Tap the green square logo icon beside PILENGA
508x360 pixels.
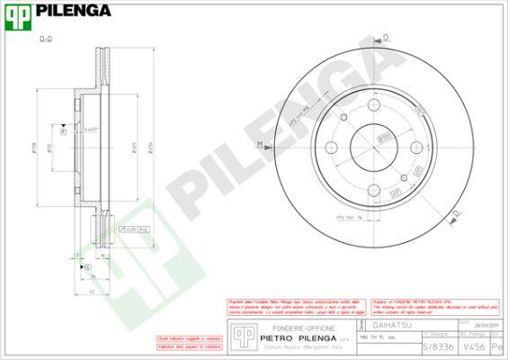15,12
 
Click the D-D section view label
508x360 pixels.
46,40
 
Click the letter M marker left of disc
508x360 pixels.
259,145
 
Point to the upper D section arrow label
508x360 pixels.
386,37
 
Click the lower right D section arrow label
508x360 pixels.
457,211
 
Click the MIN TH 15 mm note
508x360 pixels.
377,337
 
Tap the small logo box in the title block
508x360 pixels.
239,335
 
